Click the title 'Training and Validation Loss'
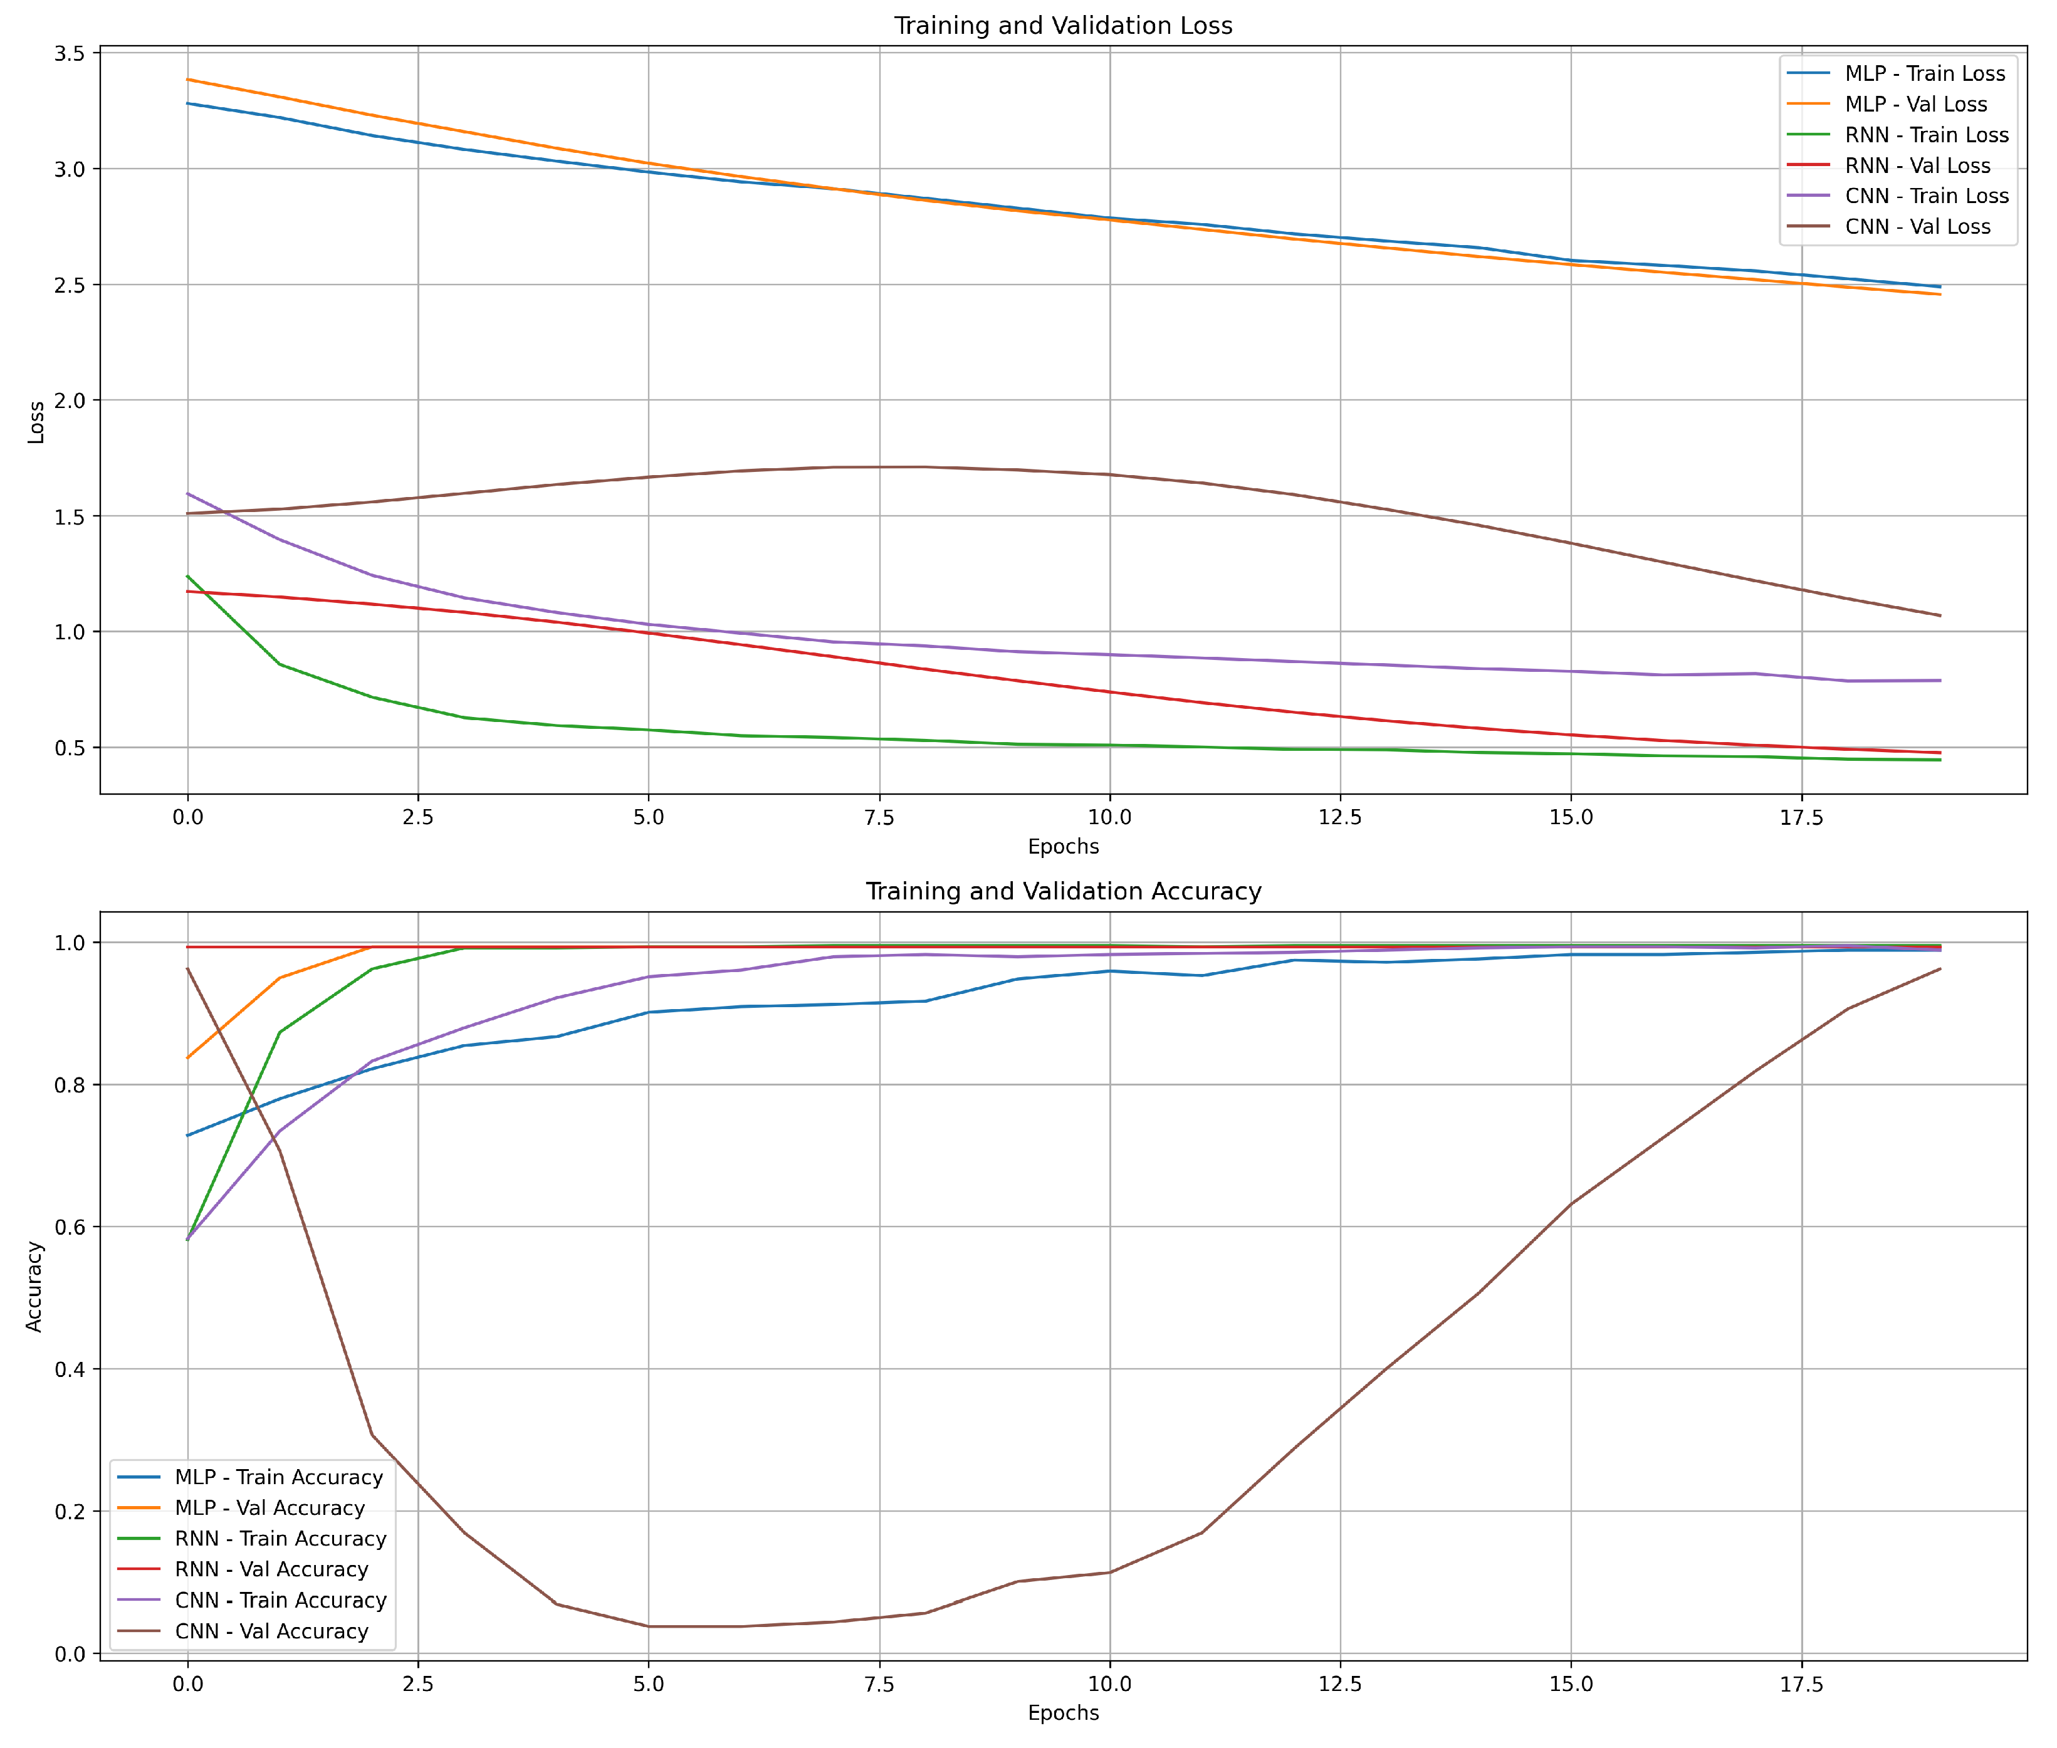(x=1063, y=26)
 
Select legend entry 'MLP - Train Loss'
(x=1924, y=73)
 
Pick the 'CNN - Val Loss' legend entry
(x=1917, y=227)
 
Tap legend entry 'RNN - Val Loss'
(x=1917, y=165)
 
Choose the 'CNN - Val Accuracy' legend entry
(x=271, y=1631)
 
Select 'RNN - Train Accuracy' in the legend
(x=280, y=1539)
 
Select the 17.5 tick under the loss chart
(x=1801, y=817)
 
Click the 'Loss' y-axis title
(x=36, y=422)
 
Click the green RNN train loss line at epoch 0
(x=188, y=577)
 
